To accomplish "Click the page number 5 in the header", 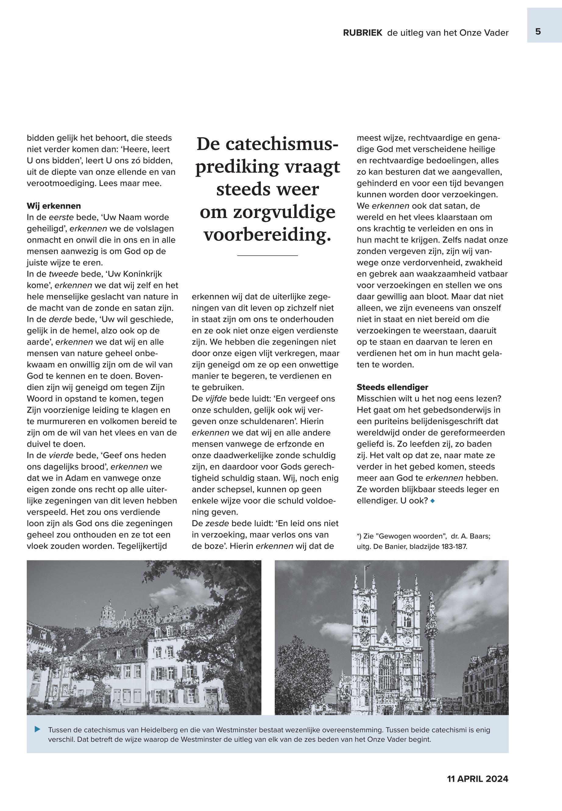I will (x=538, y=32).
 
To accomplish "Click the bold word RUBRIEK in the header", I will (x=363, y=33).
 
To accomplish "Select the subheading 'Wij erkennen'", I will (x=54, y=206).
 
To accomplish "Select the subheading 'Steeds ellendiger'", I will (x=392, y=387).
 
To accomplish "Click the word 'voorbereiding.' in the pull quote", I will (x=268, y=235).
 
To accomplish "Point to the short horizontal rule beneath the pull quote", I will (x=268, y=255).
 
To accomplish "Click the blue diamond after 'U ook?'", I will (x=433, y=501).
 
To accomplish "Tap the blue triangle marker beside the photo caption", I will (x=38, y=729).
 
